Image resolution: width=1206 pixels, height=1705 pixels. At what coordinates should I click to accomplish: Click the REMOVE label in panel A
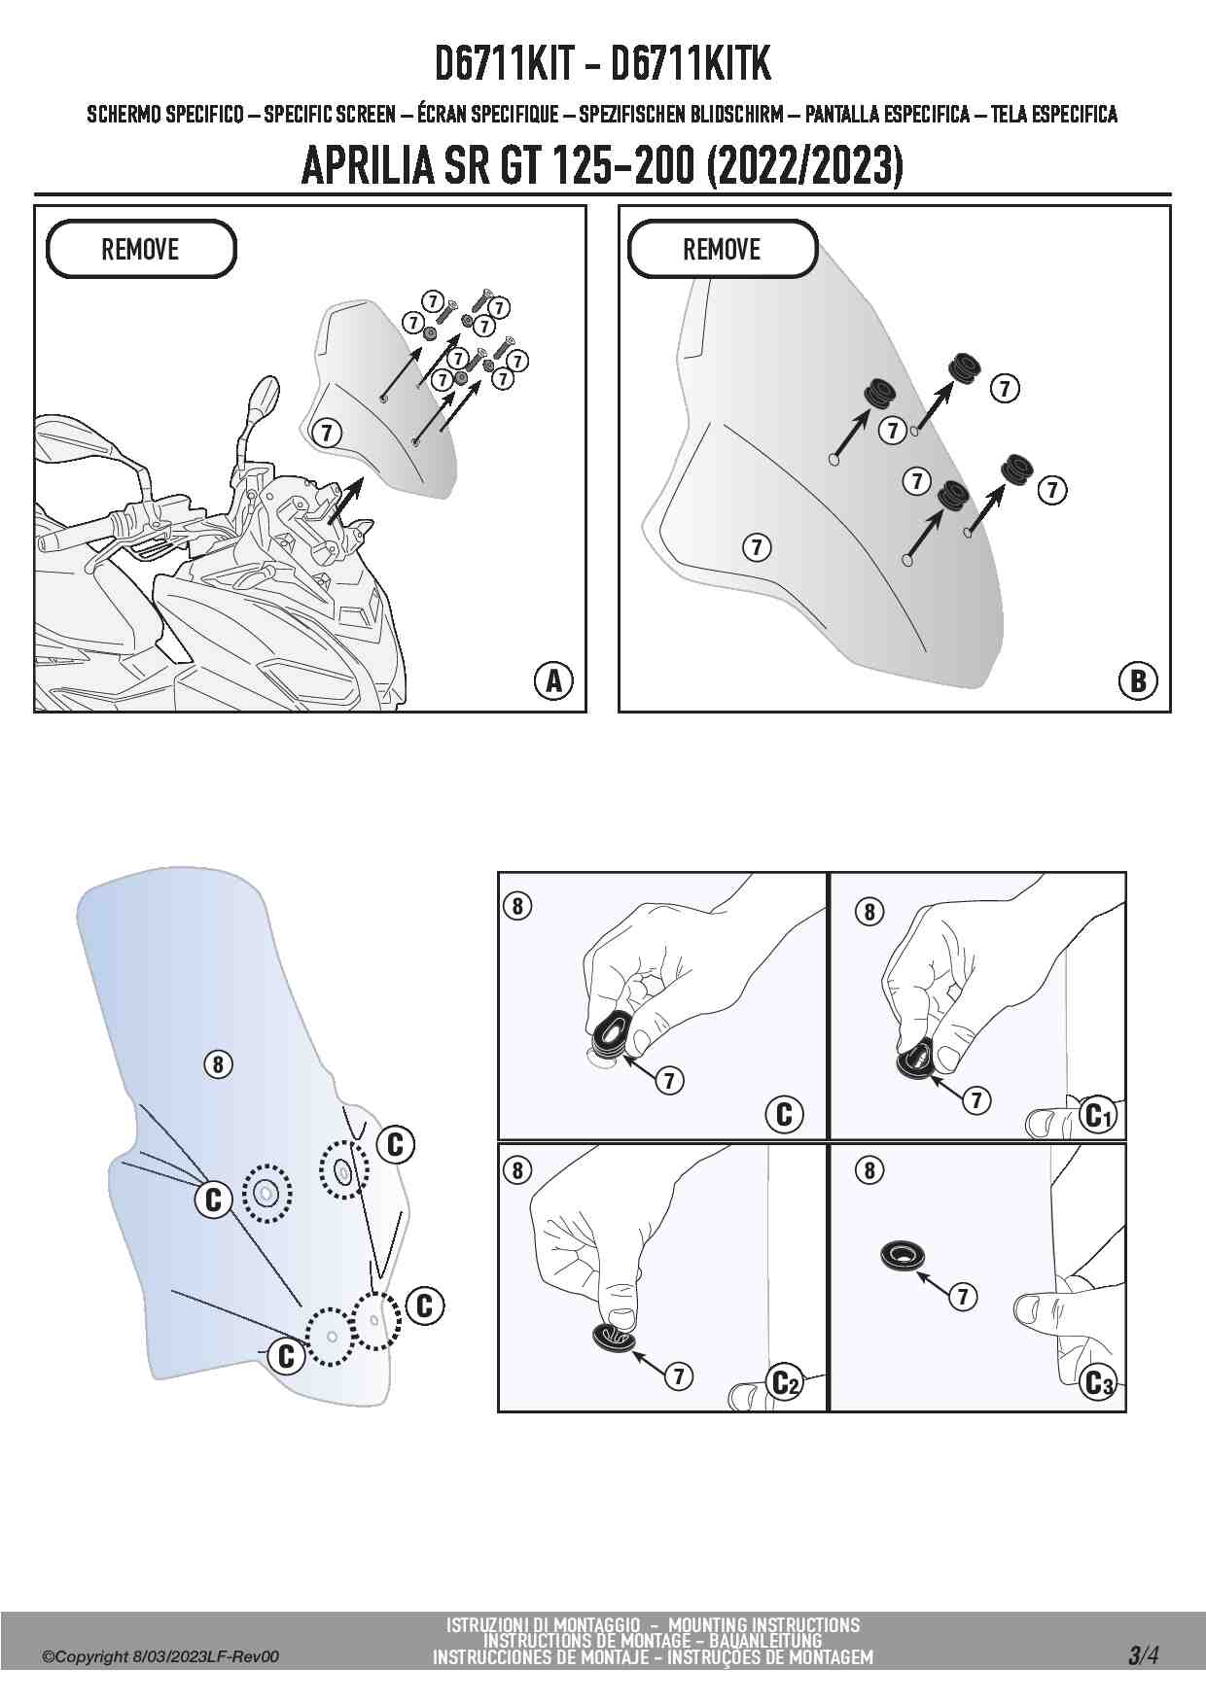pyautogui.click(x=140, y=250)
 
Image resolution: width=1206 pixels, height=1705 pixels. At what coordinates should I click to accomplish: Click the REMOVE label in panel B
pyautogui.click(x=722, y=250)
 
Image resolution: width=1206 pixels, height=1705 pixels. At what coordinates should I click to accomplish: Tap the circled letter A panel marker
pyautogui.click(x=553, y=680)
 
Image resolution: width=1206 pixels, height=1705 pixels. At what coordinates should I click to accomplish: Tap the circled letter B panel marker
pyautogui.click(x=1138, y=680)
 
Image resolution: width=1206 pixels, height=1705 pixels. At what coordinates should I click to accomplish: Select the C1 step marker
pyautogui.click(x=1096, y=1116)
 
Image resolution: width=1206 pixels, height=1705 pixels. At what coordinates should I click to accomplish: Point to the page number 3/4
pyautogui.click(x=1144, y=1655)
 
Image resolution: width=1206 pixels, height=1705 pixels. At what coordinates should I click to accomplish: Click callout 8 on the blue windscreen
pyautogui.click(x=218, y=1064)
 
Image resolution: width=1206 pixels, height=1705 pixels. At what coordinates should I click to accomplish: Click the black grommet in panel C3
pyautogui.click(x=903, y=1255)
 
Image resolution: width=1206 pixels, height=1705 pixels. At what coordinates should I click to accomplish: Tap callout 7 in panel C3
pyautogui.click(x=963, y=1296)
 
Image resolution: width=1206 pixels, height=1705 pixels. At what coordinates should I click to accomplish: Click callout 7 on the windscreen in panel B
pyautogui.click(x=757, y=547)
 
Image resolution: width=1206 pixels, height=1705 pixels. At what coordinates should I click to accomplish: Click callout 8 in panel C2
pyautogui.click(x=517, y=1170)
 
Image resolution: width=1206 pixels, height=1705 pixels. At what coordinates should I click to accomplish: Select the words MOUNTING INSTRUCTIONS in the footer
pyautogui.click(x=763, y=1624)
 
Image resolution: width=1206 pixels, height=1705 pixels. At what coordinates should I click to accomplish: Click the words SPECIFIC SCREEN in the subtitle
pyautogui.click(x=329, y=115)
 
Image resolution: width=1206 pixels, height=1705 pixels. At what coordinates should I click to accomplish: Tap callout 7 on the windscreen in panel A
pyautogui.click(x=327, y=432)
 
